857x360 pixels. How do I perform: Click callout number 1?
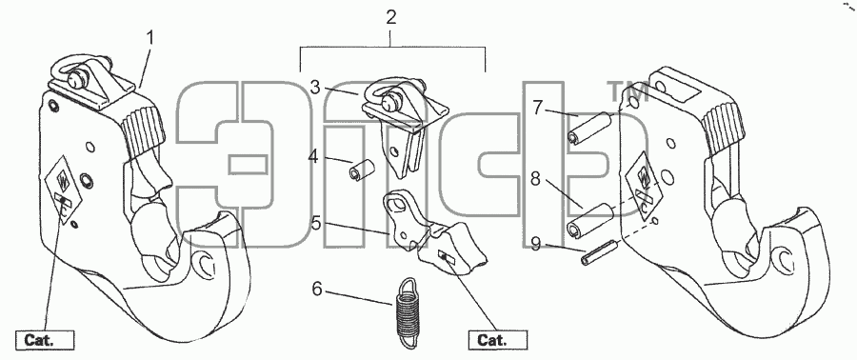(149, 39)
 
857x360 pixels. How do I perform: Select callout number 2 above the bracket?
(390, 17)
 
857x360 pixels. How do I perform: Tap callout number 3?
(315, 88)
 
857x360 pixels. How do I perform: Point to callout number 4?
(313, 157)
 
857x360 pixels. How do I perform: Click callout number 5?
(316, 224)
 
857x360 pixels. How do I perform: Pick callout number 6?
(317, 288)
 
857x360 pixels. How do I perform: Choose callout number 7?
(538, 109)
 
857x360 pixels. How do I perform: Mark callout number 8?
(535, 179)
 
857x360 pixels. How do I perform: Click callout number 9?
(535, 243)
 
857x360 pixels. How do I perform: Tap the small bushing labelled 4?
(361, 169)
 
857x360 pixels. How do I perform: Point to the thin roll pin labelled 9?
(600, 254)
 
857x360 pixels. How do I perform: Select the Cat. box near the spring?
(498, 340)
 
